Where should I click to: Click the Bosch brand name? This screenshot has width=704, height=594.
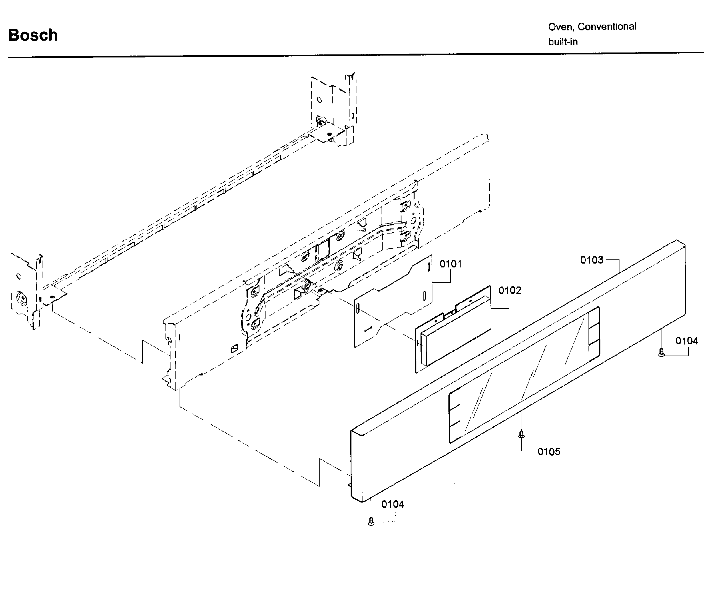click(x=33, y=35)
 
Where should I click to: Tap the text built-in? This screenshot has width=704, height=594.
click(x=563, y=42)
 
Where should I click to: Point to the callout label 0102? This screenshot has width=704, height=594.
click(x=510, y=290)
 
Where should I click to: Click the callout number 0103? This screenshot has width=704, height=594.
click(x=592, y=260)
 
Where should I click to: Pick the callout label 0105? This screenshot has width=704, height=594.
click(x=549, y=451)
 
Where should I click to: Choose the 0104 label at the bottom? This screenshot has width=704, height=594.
click(x=393, y=504)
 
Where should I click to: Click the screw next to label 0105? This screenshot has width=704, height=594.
click(x=521, y=435)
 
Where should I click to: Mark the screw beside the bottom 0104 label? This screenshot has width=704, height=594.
click(x=371, y=521)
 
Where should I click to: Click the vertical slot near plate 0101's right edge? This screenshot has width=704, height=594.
click(x=424, y=296)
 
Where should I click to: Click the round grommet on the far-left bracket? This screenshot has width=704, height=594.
click(x=22, y=298)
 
